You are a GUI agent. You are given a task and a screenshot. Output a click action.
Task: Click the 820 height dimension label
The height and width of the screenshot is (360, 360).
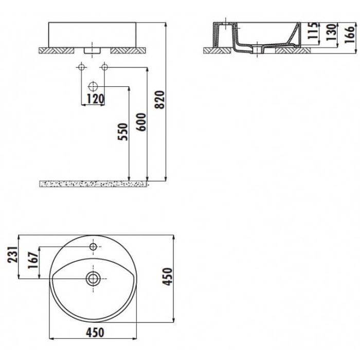click(160, 100)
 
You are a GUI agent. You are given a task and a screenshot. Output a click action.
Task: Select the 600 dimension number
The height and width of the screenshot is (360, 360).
click(141, 122)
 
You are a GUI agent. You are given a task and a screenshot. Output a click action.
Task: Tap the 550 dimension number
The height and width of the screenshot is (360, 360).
click(122, 132)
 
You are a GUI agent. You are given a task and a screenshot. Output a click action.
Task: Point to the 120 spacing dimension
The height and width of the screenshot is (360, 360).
click(95, 99)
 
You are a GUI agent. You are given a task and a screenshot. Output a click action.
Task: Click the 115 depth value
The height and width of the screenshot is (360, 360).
click(313, 31)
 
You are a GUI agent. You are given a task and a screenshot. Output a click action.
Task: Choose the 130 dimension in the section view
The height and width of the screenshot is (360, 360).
click(331, 32)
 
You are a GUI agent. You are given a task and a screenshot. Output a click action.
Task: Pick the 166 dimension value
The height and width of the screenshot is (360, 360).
click(350, 34)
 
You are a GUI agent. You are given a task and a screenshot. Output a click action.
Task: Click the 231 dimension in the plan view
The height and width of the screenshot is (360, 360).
click(12, 255)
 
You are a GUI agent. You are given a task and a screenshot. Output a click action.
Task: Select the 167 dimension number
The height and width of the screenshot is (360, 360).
click(33, 260)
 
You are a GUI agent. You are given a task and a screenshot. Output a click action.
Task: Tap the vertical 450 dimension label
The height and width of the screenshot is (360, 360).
click(167, 277)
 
